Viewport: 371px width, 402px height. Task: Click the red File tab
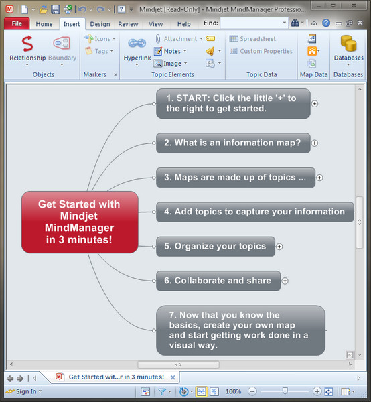(x=16, y=23)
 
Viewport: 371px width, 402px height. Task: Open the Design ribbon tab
(x=100, y=24)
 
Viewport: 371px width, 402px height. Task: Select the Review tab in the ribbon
(x=128, y=24)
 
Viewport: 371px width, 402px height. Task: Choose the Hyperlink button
(x=137, y=48)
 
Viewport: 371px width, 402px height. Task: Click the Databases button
(x=348, y=48)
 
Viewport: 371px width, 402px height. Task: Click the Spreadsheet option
(x=253, y=39)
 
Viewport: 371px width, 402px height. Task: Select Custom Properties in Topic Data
(x=261, y=51)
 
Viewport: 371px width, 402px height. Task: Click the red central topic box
(x=80, y=222)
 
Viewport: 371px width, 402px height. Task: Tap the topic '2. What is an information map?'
(x=232, y=142)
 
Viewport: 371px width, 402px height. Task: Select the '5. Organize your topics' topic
(x=215, y=246)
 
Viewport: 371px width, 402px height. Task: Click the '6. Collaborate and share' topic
(x=218, y=281)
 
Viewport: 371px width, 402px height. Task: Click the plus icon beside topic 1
(x=315, y=103)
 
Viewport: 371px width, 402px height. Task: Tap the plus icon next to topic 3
(x=319, y=178)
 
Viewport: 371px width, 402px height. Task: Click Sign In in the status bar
(x=26, y=391)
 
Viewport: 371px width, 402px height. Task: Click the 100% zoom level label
(x=234, y=391)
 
